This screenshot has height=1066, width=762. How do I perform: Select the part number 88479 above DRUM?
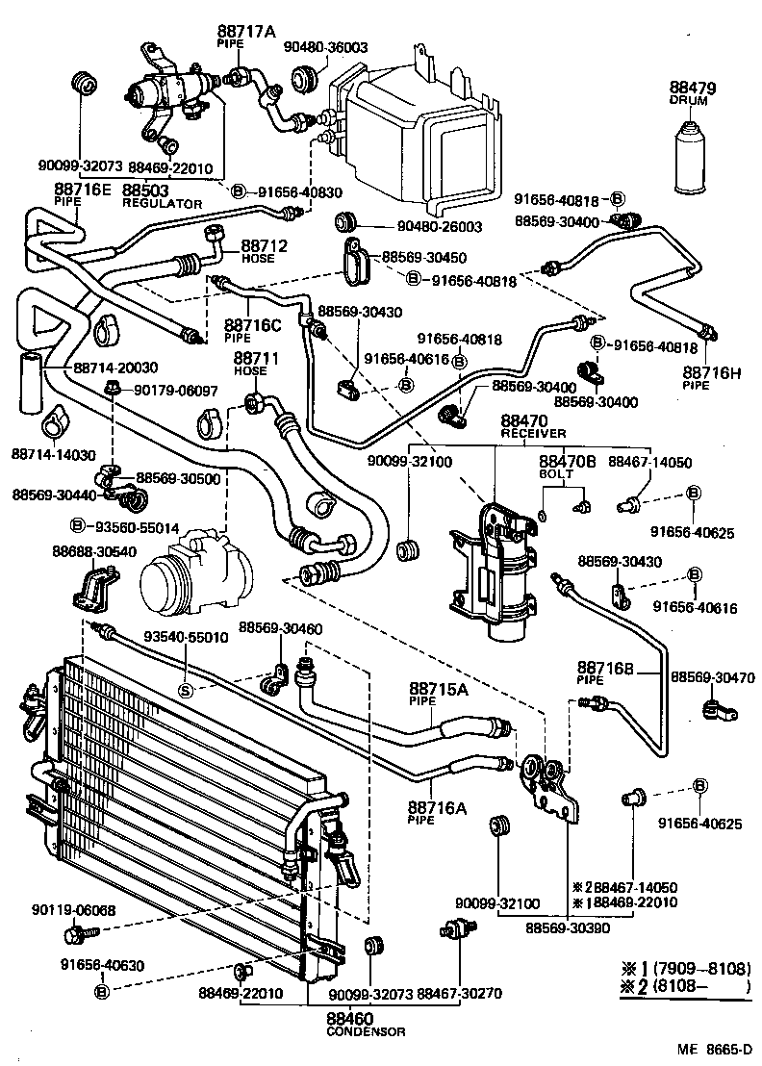pos(694,89)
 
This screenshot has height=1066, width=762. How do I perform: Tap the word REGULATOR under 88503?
pos(162,204)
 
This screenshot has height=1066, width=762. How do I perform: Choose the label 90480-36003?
pos(325,46)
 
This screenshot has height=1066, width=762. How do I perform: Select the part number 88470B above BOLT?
pos(567,462)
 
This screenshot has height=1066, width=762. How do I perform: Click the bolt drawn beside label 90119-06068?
pos(76,933)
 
